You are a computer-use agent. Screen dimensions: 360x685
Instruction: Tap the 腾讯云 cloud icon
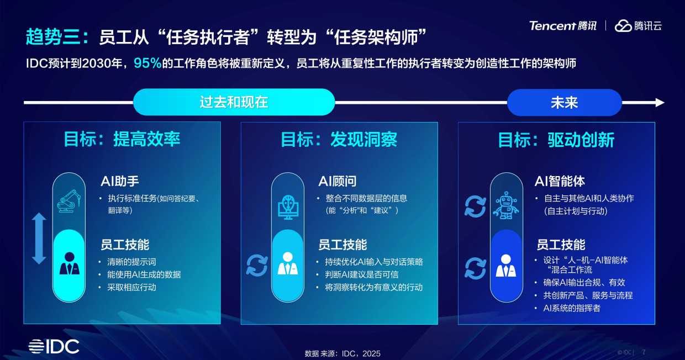[623, 25]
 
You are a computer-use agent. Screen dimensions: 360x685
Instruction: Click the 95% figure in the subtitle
[147, 63]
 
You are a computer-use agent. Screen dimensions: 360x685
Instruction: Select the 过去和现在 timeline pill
[234, 102]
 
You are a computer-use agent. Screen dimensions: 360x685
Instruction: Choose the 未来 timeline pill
[564, 102]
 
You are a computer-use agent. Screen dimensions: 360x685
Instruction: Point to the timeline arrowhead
[659, 102]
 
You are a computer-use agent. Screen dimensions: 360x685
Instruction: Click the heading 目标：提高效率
[122, 139]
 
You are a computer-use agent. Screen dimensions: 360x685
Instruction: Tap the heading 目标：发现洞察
[339, 139]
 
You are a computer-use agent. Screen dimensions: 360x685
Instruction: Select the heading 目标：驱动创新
[556, 139]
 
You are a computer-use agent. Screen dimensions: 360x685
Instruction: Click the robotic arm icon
[69, 201]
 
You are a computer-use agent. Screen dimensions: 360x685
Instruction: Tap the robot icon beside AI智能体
[506, 205]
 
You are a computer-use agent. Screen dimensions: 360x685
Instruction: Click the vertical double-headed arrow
[39, 239]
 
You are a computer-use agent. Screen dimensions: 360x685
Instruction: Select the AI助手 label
[120, 181]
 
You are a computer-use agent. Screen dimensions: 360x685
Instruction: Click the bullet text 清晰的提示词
[131, 262]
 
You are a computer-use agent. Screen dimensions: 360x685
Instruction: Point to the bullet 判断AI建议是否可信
[361, 274]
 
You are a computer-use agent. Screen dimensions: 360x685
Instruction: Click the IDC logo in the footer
[54, 346]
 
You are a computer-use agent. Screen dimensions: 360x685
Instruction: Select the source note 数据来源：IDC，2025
[342, 353]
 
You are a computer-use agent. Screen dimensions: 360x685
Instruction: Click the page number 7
[644, 352]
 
